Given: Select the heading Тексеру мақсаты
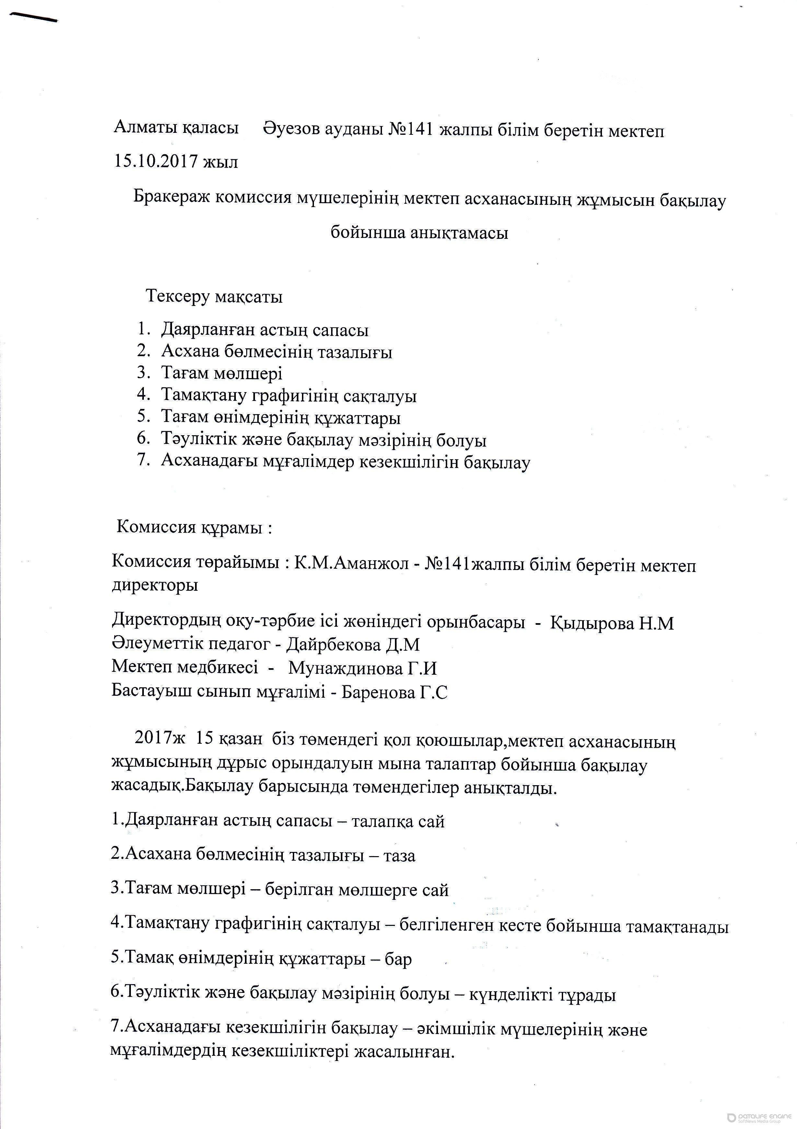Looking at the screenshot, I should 214,297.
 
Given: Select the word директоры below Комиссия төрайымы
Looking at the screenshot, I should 156,585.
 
